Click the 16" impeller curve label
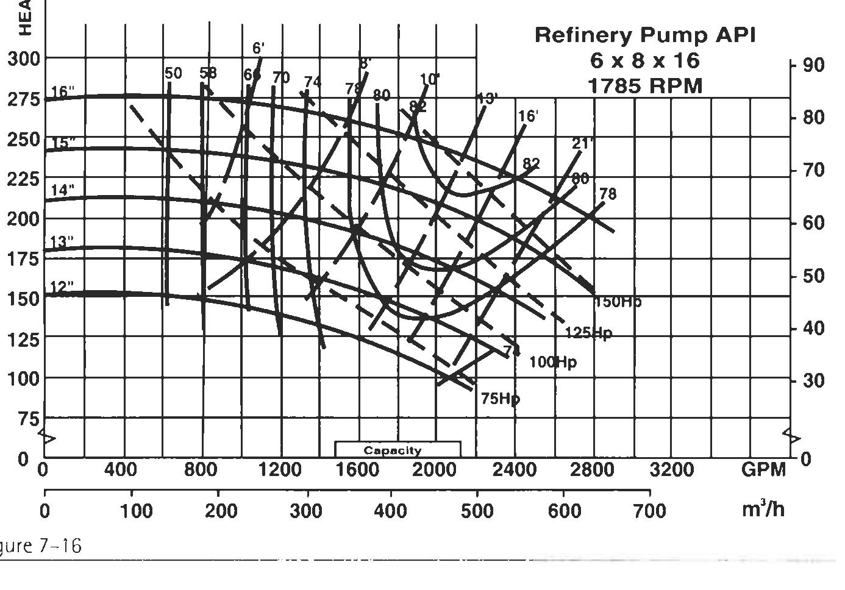coord(63,92)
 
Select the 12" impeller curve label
coord(62,286)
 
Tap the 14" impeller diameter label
coord(62,190)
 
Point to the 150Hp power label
coord(618,302)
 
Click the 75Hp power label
coord(501,399)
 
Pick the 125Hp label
coord(588,333)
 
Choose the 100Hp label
coord(552,362)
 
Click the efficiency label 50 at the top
coord(173,74)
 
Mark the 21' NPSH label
coord(583,144)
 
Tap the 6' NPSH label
coord(258,49)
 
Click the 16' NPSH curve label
coord(528,116)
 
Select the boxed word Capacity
coord(392,451)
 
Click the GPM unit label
coord(763,470)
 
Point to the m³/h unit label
coord(763,509)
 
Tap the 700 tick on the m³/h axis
coord(649,510)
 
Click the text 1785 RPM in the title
coord(645,86)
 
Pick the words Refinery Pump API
coord(645,35)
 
